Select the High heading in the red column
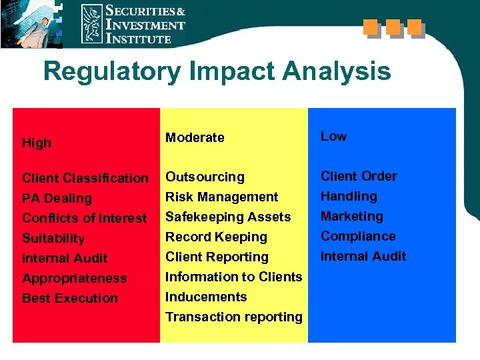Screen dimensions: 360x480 tap(36, 143)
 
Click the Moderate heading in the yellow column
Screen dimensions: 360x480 tap(195, 137)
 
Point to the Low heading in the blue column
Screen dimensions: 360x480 tap(333, 136)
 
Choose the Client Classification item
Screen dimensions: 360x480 tap(85, 178)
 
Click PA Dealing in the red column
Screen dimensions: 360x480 tap(57, 198)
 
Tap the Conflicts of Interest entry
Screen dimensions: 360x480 tap(84, 218)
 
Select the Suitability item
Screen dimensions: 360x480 tap(53, 238)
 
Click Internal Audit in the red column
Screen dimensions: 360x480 tap(65, 258)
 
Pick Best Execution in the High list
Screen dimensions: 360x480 tap(69, 298)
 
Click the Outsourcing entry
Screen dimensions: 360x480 tap(205, 177)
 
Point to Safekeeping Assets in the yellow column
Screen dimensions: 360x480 tap(228, 217)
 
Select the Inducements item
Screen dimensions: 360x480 tap(206, 297)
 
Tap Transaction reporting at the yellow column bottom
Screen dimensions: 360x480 tap(233, 317)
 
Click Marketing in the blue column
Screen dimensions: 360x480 tap(351, 216)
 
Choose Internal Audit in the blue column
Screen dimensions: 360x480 tap(363, 256)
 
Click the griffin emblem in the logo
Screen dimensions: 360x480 tap(92, 24)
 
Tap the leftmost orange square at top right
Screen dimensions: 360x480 tap(371, 27)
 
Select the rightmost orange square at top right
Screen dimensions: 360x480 tap(414, 27)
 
